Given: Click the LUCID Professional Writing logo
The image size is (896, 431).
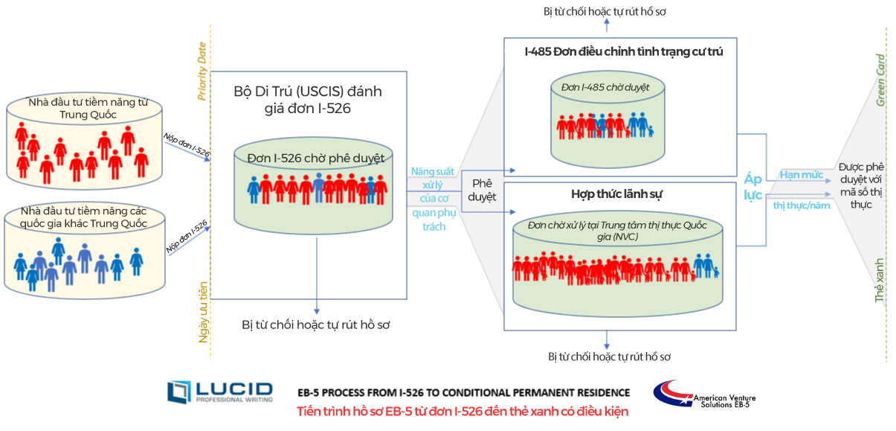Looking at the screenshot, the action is (220, 392).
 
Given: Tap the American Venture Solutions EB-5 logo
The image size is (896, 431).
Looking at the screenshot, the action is (704, 395).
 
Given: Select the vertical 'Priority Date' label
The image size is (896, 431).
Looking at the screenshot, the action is (202, 71).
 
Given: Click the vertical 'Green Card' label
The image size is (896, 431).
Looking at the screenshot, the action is (880, 80).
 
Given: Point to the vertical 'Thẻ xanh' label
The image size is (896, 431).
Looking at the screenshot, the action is (879, 281).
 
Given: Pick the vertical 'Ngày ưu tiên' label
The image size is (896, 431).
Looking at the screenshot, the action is (203, 313).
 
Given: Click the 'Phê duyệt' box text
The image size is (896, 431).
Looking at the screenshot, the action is (482, 190).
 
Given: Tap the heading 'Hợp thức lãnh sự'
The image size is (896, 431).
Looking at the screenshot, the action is (616, 194).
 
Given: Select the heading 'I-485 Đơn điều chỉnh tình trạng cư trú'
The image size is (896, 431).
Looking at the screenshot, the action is (624, 51).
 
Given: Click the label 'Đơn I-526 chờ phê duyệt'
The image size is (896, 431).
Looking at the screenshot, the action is (315, 159).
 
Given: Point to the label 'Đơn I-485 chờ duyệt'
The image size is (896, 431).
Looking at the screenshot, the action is (605, 87).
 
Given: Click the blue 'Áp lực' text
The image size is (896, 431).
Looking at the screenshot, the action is (752, 187).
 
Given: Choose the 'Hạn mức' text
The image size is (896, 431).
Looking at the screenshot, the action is (802, 175).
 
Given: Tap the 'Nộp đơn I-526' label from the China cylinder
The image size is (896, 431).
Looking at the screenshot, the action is (187, 145).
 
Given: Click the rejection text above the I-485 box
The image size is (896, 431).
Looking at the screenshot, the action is (605, 12).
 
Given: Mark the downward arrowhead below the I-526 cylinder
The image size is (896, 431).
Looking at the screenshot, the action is (317, 312).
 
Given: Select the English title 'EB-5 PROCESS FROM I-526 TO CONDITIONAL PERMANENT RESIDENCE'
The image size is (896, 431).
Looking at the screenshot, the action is (463, 393).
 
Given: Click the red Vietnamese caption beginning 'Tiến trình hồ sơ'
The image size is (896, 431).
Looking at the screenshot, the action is (462, 412).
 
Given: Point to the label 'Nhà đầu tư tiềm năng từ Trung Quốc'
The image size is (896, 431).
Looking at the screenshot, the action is (88, 109).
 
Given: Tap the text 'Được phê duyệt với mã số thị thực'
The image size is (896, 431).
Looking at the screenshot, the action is (861, 185).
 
